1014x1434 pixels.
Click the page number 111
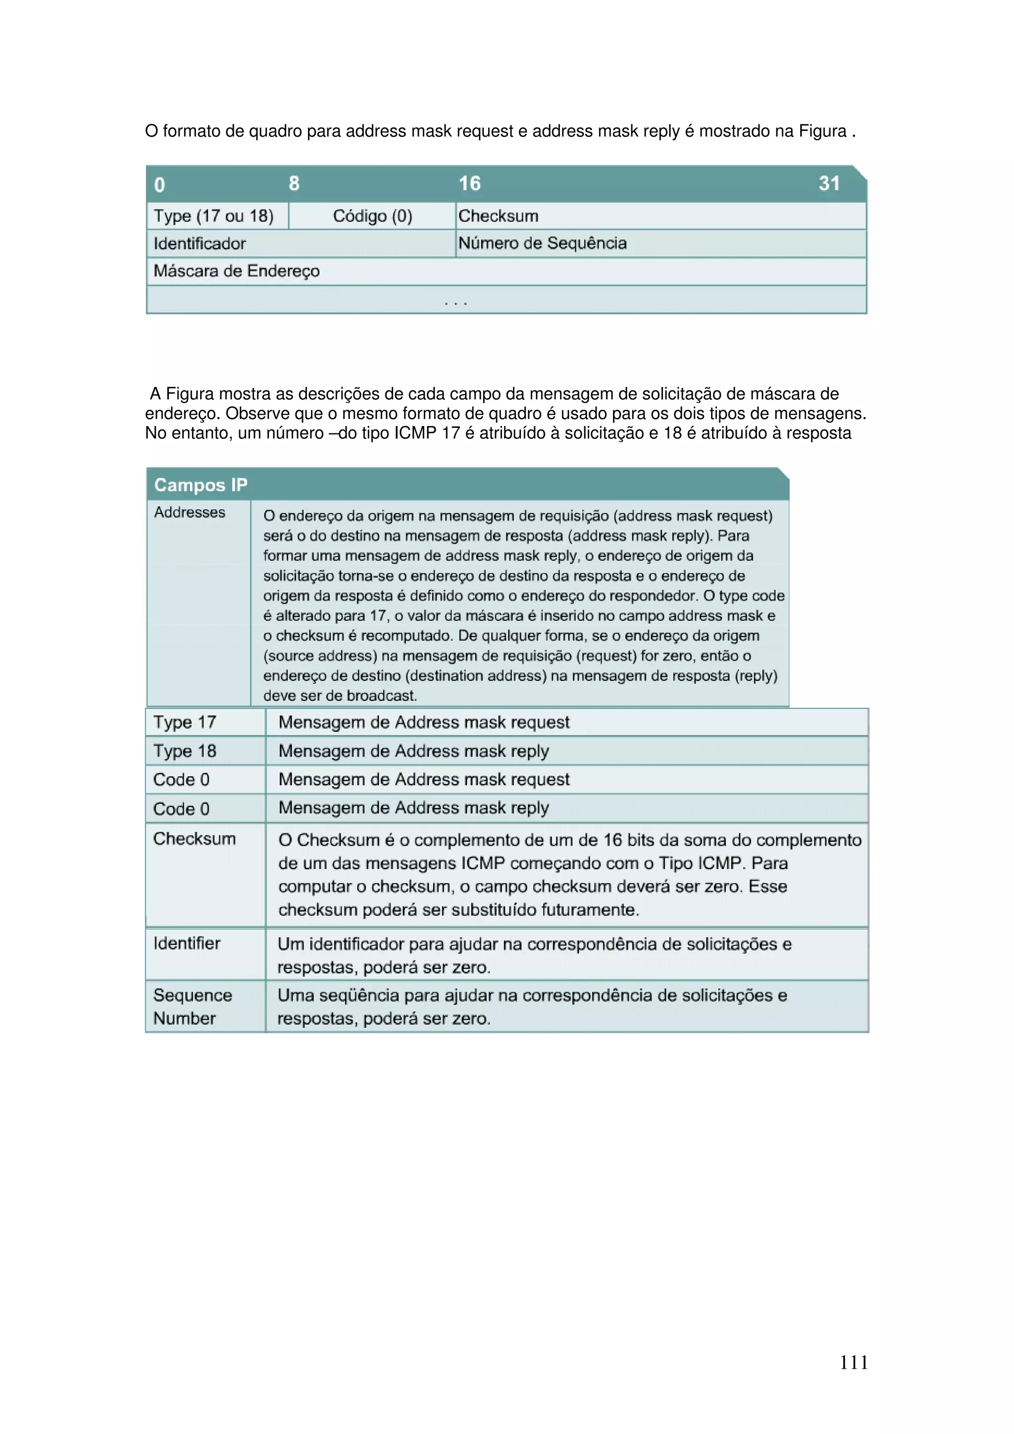point(854,1362)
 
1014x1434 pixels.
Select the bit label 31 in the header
point(828,184)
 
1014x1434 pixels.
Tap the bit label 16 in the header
point(469,184)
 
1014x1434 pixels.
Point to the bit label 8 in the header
point(294,184)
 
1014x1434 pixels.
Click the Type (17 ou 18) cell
point(214,216)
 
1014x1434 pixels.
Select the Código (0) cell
point(372,216)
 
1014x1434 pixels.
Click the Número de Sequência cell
point(542,243)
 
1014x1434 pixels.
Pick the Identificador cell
point(200,243)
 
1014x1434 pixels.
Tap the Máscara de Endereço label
point(236,271)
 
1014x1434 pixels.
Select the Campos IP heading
point(201,484)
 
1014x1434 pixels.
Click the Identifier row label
point(187,943)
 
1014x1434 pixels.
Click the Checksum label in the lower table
point(194,839)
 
